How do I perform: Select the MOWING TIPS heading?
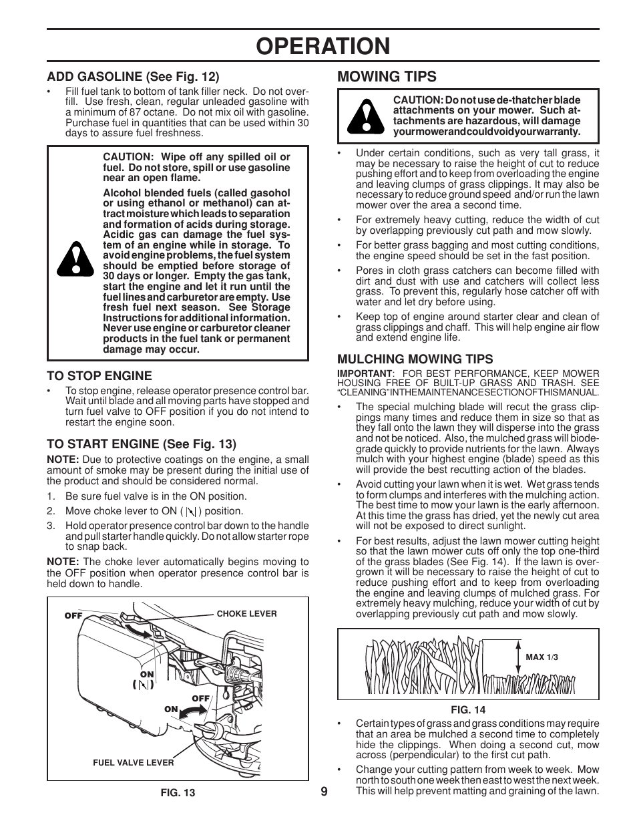[387, 76]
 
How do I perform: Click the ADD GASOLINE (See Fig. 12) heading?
[132, 77]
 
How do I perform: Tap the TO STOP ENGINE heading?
[99, 376]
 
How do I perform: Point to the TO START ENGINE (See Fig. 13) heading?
[141, 444]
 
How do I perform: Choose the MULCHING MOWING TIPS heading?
[415, 359]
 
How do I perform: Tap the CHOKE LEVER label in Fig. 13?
[246, 613]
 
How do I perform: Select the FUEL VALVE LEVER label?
[133, 762]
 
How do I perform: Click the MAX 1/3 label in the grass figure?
[542, 657]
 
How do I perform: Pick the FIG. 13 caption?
[178, 793]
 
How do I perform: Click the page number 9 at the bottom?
[324, 791]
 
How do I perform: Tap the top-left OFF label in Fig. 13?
[73, 616]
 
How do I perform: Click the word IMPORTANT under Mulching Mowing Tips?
[364, 373]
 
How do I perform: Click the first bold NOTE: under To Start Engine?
[62, 460]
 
